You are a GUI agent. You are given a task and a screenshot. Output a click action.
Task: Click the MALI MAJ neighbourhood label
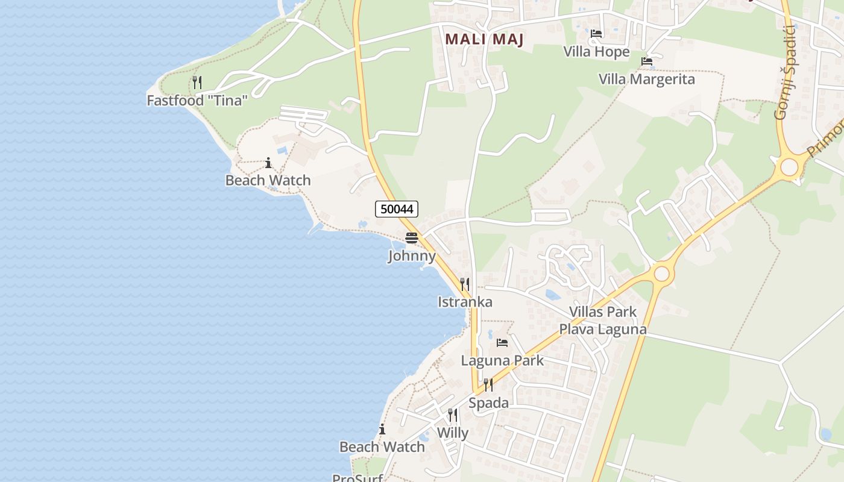484,40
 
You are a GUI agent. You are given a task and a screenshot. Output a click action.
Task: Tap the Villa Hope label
596,52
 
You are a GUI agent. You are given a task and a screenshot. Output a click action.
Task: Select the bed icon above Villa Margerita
647,61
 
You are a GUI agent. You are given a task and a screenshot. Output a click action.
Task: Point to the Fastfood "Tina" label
197,100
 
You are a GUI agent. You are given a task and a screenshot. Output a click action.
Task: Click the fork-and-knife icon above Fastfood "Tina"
197,82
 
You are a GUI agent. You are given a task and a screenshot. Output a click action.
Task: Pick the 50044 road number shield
397,209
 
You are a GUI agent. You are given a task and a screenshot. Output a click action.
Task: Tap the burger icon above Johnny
412,238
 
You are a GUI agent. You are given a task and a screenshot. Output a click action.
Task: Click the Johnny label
412,256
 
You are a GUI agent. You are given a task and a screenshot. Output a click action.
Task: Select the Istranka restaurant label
465,302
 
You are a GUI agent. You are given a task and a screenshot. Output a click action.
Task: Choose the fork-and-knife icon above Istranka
465,284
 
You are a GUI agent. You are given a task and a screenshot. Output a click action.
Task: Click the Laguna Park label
502,360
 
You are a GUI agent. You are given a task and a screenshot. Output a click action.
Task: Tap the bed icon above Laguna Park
502,343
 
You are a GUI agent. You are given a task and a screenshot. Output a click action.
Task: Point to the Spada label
488,402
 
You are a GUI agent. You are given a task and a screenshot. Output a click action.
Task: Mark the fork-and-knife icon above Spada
488,384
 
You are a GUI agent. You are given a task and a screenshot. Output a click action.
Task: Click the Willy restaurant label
452,433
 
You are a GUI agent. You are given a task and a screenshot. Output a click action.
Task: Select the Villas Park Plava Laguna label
603,321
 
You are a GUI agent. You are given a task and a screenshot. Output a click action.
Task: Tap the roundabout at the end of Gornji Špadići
789,167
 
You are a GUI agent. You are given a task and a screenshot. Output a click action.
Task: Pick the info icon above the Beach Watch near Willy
382,430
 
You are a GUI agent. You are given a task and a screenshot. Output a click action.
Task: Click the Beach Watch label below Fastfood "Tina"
268,180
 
